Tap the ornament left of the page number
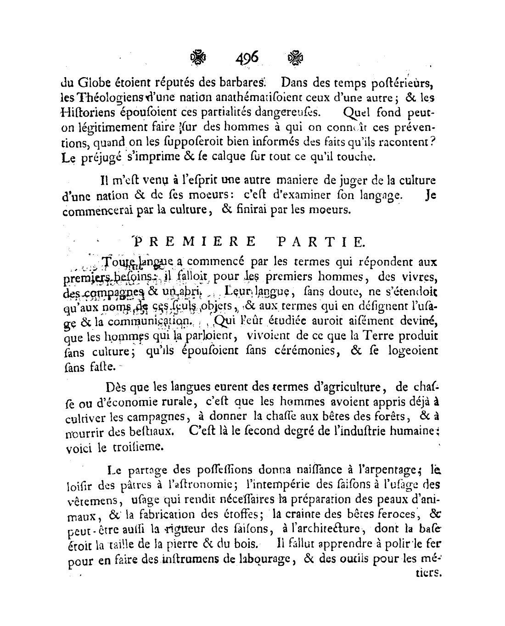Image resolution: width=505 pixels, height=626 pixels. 199,58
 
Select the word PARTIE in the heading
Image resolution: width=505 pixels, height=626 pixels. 320,240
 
